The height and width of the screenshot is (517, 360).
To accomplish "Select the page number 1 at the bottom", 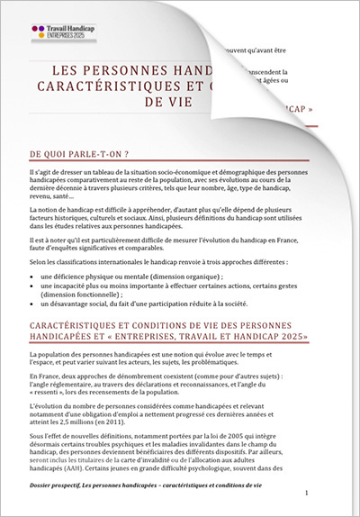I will click(306, 494).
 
